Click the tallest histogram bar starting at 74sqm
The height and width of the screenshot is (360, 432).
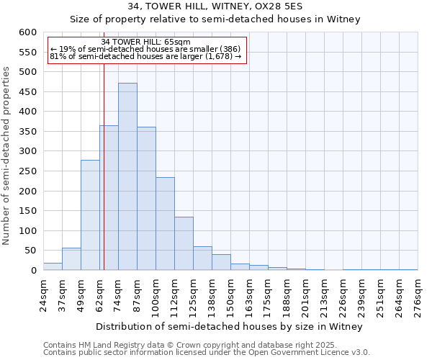point(127,176)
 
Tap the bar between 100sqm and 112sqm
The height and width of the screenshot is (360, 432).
point(165,223)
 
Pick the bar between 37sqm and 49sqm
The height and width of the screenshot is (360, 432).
point(71,259)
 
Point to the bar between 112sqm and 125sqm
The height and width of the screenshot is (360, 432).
point(184,243)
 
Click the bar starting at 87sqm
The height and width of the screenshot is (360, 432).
point(146,199)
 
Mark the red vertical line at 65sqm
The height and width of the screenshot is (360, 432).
point(104,180)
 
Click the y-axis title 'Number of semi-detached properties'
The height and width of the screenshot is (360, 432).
point(7,156)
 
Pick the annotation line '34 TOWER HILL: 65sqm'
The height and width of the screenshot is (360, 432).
point(146,42)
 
